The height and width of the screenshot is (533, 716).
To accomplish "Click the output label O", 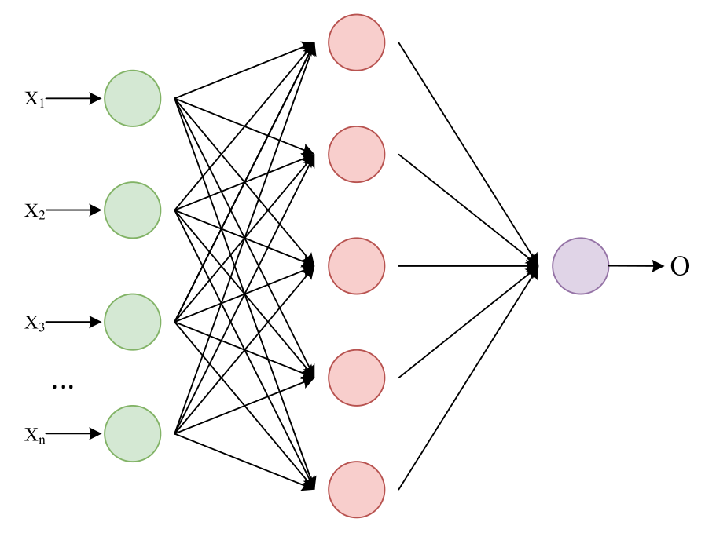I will coord(680,267).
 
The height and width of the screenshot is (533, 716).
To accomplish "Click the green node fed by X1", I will coord(132,98).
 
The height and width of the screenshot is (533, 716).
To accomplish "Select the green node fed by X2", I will coord(132,210).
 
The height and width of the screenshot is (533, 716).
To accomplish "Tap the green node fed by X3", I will coord(132,322).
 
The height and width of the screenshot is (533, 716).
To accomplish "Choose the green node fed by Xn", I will coord(132,433).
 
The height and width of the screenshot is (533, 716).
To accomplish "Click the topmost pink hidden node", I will coord(356,42).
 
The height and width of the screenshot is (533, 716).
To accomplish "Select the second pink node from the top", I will coord(356,155).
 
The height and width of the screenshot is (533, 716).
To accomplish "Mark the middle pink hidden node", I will coord(356,266).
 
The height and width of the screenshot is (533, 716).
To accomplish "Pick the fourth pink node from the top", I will coord(356,378).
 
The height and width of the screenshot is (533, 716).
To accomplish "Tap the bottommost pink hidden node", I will coord(356,490).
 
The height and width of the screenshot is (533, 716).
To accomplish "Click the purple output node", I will coord(580,266).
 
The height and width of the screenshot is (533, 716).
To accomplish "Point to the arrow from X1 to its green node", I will coord(75,99).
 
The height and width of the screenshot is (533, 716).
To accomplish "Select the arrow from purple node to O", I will coord(637,267).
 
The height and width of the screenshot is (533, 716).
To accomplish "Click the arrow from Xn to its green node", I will coord(75,433).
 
